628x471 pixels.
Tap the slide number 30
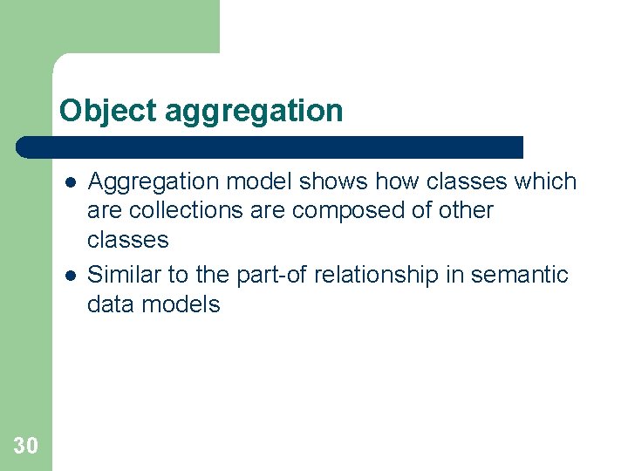tap(26, 447)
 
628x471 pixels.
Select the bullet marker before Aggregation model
tap(70, 182)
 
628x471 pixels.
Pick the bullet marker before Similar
tap(70, 276)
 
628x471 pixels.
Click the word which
tap(545, 181)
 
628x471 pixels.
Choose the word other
tap(464, 210)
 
